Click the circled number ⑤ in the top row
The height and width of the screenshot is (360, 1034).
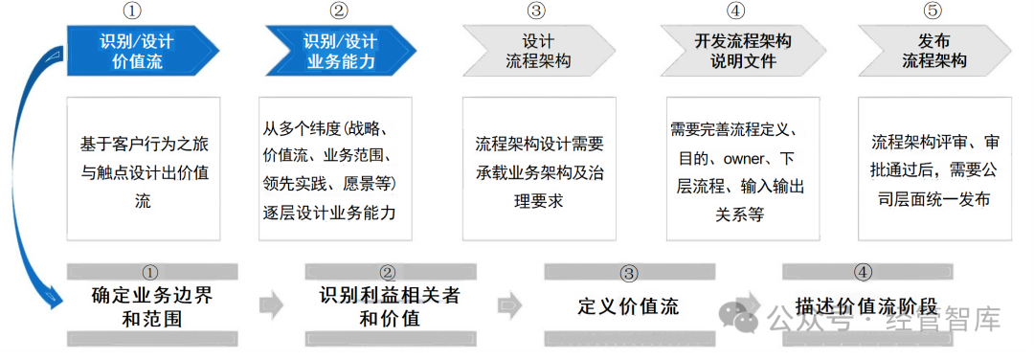pyautogui.click(x=933, y=11)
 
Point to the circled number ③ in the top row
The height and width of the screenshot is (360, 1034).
pyautogui.click(x=536, y=11)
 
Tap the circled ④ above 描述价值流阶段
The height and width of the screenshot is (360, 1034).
pyautogui.click(x=863, y=273)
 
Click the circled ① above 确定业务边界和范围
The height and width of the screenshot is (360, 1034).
pyautogui.click(x=150, y=273)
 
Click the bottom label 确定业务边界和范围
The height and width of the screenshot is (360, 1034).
pyautogui.click(x=152, y=306)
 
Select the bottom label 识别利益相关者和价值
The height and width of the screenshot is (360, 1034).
pyautogui.click(x=389, y=306)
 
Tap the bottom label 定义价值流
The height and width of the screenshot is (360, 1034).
pyautogui.click(x=628, y=306)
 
